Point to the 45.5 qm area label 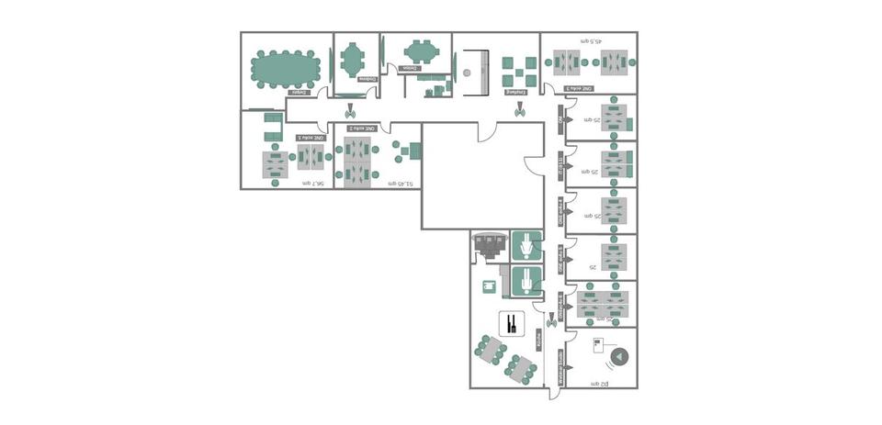tap(589, 41)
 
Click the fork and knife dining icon tap(512, 323)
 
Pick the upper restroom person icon tap(526, 247)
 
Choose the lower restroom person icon tap(526, 281)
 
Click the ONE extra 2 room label tap(359, 129)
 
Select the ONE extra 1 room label tap(311, 138)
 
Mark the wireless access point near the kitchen tap(551, 320)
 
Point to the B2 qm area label tap(599, 383)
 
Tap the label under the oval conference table tap(300, 92)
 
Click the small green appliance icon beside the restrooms tap(489, 286)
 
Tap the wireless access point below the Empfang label tap(520, 109)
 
